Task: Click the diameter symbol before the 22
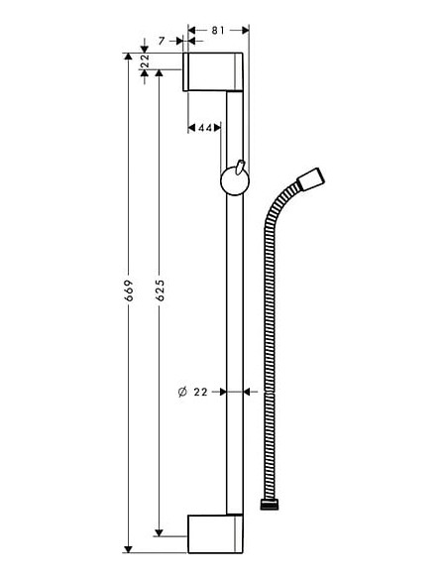182,393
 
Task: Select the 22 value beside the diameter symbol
203,393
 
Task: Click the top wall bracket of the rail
214,71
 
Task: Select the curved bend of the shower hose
274,213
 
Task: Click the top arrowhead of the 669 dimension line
127,57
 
